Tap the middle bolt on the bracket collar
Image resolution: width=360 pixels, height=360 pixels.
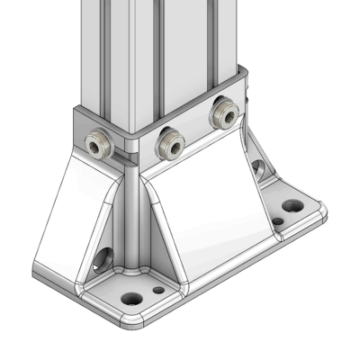168,140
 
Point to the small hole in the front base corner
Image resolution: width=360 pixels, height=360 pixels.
159,290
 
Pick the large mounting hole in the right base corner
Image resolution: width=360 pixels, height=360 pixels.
292,205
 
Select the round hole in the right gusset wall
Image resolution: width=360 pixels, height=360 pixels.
258,167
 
